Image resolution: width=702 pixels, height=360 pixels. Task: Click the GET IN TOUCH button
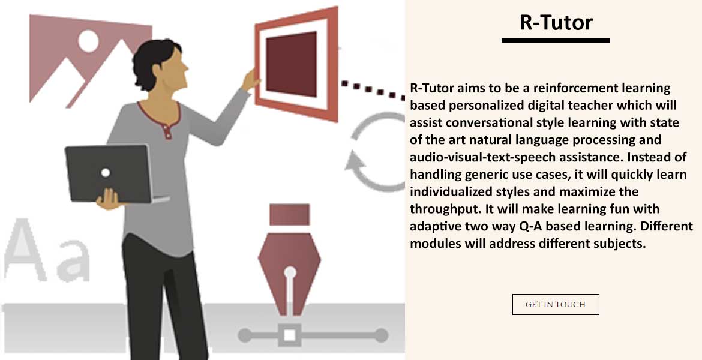[556, 304]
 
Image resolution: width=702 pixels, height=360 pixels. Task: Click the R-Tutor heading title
[556, 22]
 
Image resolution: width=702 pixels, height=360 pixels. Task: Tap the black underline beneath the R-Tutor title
[556, 40]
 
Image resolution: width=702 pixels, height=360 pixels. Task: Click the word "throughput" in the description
[445, 209]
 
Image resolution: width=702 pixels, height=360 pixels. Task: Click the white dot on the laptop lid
[106, 173]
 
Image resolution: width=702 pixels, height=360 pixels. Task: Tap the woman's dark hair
[154, 61]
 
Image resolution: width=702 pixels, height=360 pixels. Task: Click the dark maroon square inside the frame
[292, 64]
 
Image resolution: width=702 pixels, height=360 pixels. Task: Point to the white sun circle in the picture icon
[88, 40]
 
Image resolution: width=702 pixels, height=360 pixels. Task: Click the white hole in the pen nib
[290, 272]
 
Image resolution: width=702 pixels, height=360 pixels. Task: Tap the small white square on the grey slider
[290, 335]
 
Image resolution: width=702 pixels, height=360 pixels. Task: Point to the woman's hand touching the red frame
[251, 80]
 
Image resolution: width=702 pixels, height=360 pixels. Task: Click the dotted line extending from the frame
[373, 90]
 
